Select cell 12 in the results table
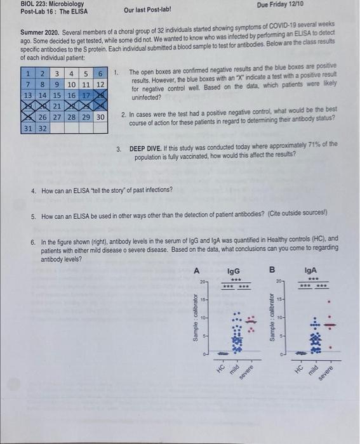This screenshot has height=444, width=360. click(100, 84)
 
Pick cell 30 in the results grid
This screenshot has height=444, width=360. click(100, 117)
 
